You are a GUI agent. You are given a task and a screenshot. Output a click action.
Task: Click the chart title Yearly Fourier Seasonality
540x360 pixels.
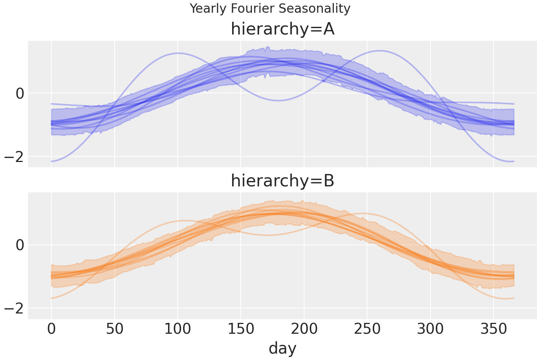[x=270, y=9]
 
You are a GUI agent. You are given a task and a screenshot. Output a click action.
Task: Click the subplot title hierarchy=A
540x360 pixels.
[x=282, y=29]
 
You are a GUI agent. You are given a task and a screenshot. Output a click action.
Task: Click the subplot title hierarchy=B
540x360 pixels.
[x=282, y=181]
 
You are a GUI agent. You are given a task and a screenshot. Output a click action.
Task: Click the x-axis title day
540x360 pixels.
[x=282, y=348]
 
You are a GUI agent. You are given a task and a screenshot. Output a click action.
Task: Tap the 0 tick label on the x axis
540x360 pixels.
[x=51, y=330]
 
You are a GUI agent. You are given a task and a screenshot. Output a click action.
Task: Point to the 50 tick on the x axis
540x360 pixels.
[x=115, y=330]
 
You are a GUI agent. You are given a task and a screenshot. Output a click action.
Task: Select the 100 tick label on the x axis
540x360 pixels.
[x=178, y=330]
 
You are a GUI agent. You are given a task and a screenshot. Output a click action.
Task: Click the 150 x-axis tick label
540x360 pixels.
[x=241, y=330]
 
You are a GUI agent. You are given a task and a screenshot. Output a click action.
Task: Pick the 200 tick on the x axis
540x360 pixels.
[x=304, y=330]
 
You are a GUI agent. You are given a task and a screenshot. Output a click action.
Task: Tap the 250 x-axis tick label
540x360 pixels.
[x=367, y=330]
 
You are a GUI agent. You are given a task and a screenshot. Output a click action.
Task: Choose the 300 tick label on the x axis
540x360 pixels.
[x=430, y=330]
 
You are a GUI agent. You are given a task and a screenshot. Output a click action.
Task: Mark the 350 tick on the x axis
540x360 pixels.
[x=493, y=330]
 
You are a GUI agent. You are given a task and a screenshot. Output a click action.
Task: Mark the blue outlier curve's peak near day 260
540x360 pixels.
[x=380, y=51]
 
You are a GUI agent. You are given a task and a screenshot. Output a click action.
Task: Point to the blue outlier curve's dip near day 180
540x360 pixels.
[x=278, y=100]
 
